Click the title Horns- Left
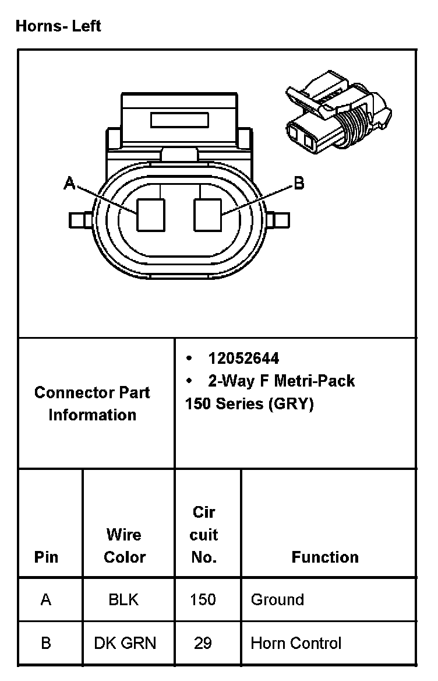(58, 26)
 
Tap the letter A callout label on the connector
(69, 184)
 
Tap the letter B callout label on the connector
(298, 184)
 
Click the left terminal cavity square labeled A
(151, 215)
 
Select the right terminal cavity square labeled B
(208, 215)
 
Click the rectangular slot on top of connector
(179, 120)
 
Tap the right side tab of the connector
(280, 220)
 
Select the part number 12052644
(243, 358)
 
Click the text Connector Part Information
(92, 403)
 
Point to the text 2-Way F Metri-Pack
(281, 381)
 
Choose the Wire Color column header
(124, 546)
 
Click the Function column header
(325, 557)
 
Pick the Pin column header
(47, 557)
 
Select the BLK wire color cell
(123, 599)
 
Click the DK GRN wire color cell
(125, 644)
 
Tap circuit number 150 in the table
(203, 599)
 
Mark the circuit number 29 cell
(203, 644)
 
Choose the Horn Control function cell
(296, 644)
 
